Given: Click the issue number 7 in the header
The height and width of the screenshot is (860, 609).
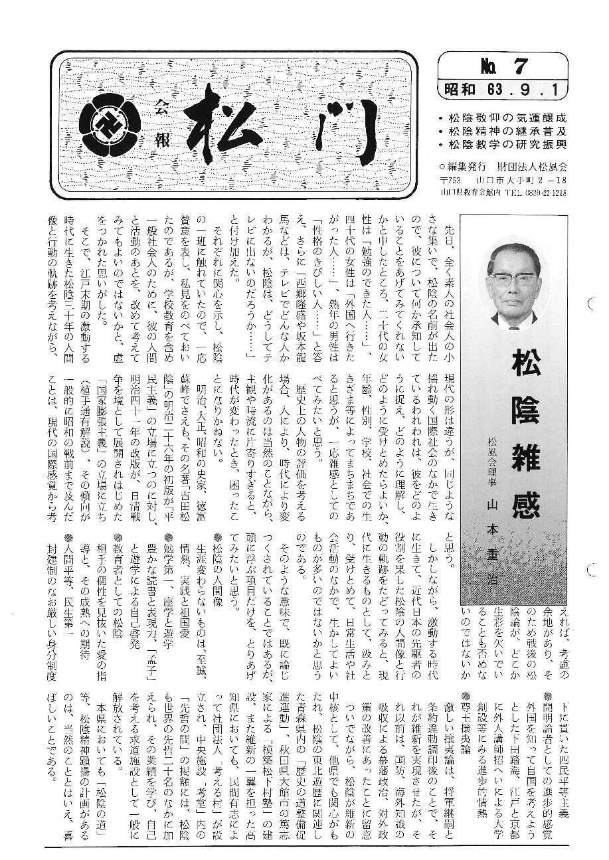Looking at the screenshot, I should click(520, 66).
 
